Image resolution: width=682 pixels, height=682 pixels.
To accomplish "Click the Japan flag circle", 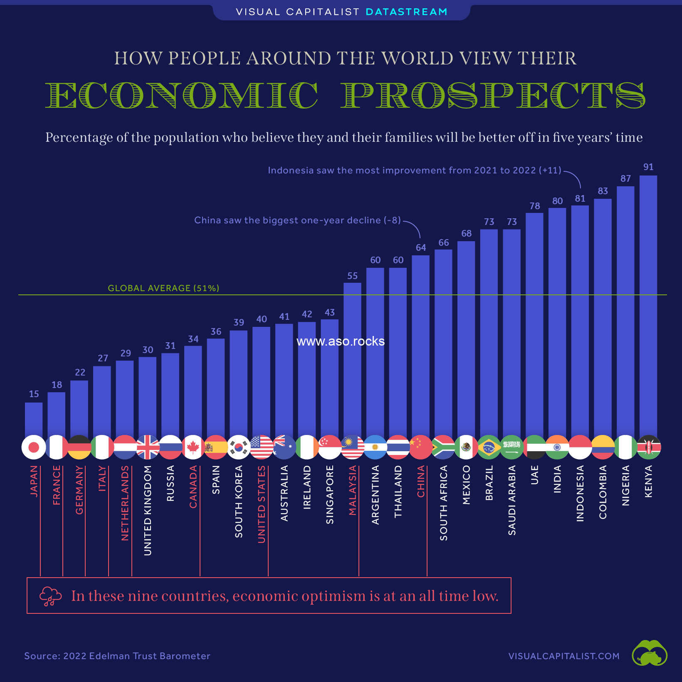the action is click(x=34, y=447).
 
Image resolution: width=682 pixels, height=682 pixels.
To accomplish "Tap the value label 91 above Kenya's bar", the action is click(x=648, y=167).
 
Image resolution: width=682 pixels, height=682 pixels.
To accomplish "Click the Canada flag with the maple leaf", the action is click(x=193, y=447).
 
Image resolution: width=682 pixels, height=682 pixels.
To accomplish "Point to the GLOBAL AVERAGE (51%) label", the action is click(x=163, y=288).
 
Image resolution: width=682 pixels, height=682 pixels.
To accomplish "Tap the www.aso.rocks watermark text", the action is click(x=341, y=341).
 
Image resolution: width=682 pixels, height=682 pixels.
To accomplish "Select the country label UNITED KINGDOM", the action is click(x=148, y=510).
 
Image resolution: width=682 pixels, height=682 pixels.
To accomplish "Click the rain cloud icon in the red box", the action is click(x=50, y=596).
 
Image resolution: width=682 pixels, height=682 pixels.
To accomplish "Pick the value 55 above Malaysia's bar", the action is click(x=353, y=276).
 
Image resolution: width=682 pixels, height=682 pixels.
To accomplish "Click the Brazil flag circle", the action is click(x=489, y=447).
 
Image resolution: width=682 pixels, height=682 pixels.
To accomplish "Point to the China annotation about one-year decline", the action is click(x=297, y=220).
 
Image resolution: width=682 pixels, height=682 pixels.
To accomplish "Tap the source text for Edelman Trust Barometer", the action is click(x=117, y=656).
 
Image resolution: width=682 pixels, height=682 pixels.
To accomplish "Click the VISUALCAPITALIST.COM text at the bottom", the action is click(x=564, y=656).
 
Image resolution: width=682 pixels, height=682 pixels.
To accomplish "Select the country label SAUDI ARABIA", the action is click(x=512, y=500).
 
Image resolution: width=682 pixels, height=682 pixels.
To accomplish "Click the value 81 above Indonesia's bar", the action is click(x=580, y=199).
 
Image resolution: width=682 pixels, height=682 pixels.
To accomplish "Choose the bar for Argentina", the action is click(x=375, y=352).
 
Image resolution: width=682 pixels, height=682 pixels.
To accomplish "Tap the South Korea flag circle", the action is click(x=239, y=447).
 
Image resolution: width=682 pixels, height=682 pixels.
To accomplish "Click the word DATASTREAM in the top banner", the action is click(x=407, y=12).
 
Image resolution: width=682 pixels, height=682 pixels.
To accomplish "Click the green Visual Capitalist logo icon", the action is click(x=650, y=653).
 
